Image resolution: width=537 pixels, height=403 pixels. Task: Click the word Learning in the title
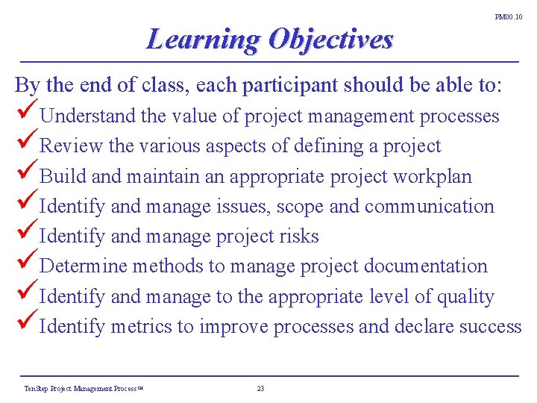[203, 39]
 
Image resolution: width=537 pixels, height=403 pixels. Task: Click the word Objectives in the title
[330, 39]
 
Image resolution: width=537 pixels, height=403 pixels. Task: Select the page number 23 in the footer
[260, 388]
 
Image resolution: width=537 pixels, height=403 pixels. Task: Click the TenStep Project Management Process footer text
[83, 388]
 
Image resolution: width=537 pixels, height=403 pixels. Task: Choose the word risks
[298, 237]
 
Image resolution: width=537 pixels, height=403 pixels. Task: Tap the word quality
[465, 297]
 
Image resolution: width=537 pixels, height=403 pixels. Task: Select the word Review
[72, 146]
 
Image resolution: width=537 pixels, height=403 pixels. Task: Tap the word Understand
[87, 116]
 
